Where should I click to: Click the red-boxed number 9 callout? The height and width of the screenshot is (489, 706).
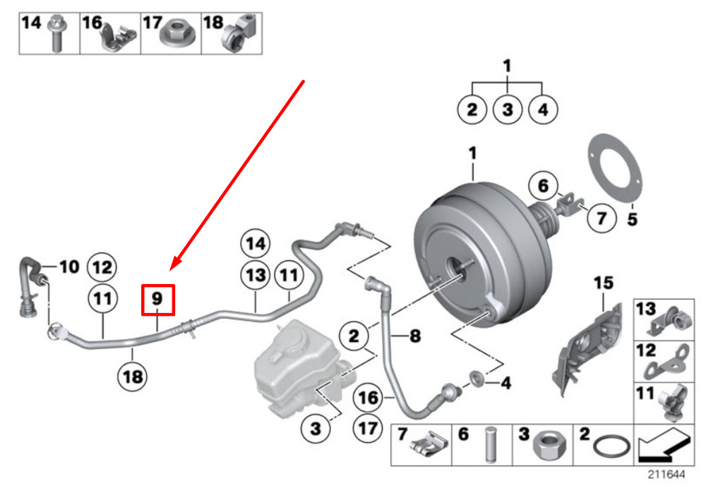[x=157, y=300]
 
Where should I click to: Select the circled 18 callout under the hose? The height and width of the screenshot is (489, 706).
[x=133, y=377]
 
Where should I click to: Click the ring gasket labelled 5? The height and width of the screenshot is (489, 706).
[x=616, y=168]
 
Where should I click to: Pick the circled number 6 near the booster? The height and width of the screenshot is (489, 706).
[x=544, y=185]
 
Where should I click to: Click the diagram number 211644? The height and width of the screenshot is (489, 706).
[x=666, y=475]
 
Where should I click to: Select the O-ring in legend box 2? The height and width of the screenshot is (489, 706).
[x=611, y=447]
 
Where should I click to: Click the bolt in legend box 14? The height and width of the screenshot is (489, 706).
[x=56, y=33]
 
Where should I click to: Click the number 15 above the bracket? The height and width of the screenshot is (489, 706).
[x=604, y=283]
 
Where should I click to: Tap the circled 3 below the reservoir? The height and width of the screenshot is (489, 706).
[x=316, y=428]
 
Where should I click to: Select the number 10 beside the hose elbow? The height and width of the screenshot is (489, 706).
[x=69, y=267]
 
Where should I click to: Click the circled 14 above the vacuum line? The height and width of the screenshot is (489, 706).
[x=256, y=244]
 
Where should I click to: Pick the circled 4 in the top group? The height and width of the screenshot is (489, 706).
[x=543, y=110]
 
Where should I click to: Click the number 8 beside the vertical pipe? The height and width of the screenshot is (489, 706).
[x=414, y=336]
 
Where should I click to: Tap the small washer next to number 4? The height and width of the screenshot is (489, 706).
[x=477, y=377]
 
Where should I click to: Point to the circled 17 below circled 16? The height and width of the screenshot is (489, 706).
[x=368, y=428]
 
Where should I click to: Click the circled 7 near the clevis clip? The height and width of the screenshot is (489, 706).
[x=602, y=218]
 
